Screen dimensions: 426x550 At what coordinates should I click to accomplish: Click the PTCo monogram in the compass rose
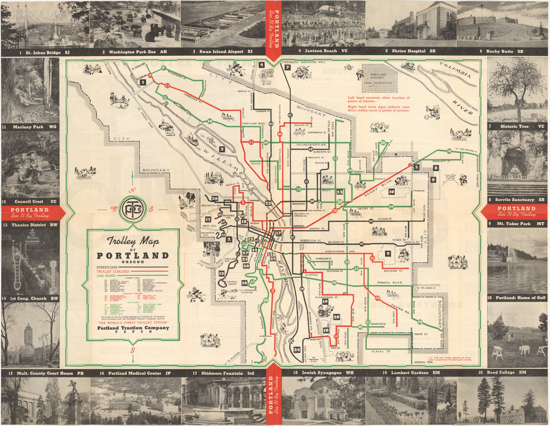coord(133,208)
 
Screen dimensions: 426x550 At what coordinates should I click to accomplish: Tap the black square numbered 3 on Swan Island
coord(222,149)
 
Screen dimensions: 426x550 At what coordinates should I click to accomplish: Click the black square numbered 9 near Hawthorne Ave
coord(388,253)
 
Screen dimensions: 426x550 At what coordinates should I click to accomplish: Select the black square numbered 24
coord(296,350)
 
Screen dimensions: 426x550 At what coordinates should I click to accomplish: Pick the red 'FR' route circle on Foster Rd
coord(377,298)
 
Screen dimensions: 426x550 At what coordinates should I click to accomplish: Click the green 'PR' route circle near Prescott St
coord(449,151)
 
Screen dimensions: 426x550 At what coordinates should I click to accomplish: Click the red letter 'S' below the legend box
coord(132,350)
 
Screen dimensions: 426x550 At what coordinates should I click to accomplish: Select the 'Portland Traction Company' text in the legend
coord(132,328)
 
